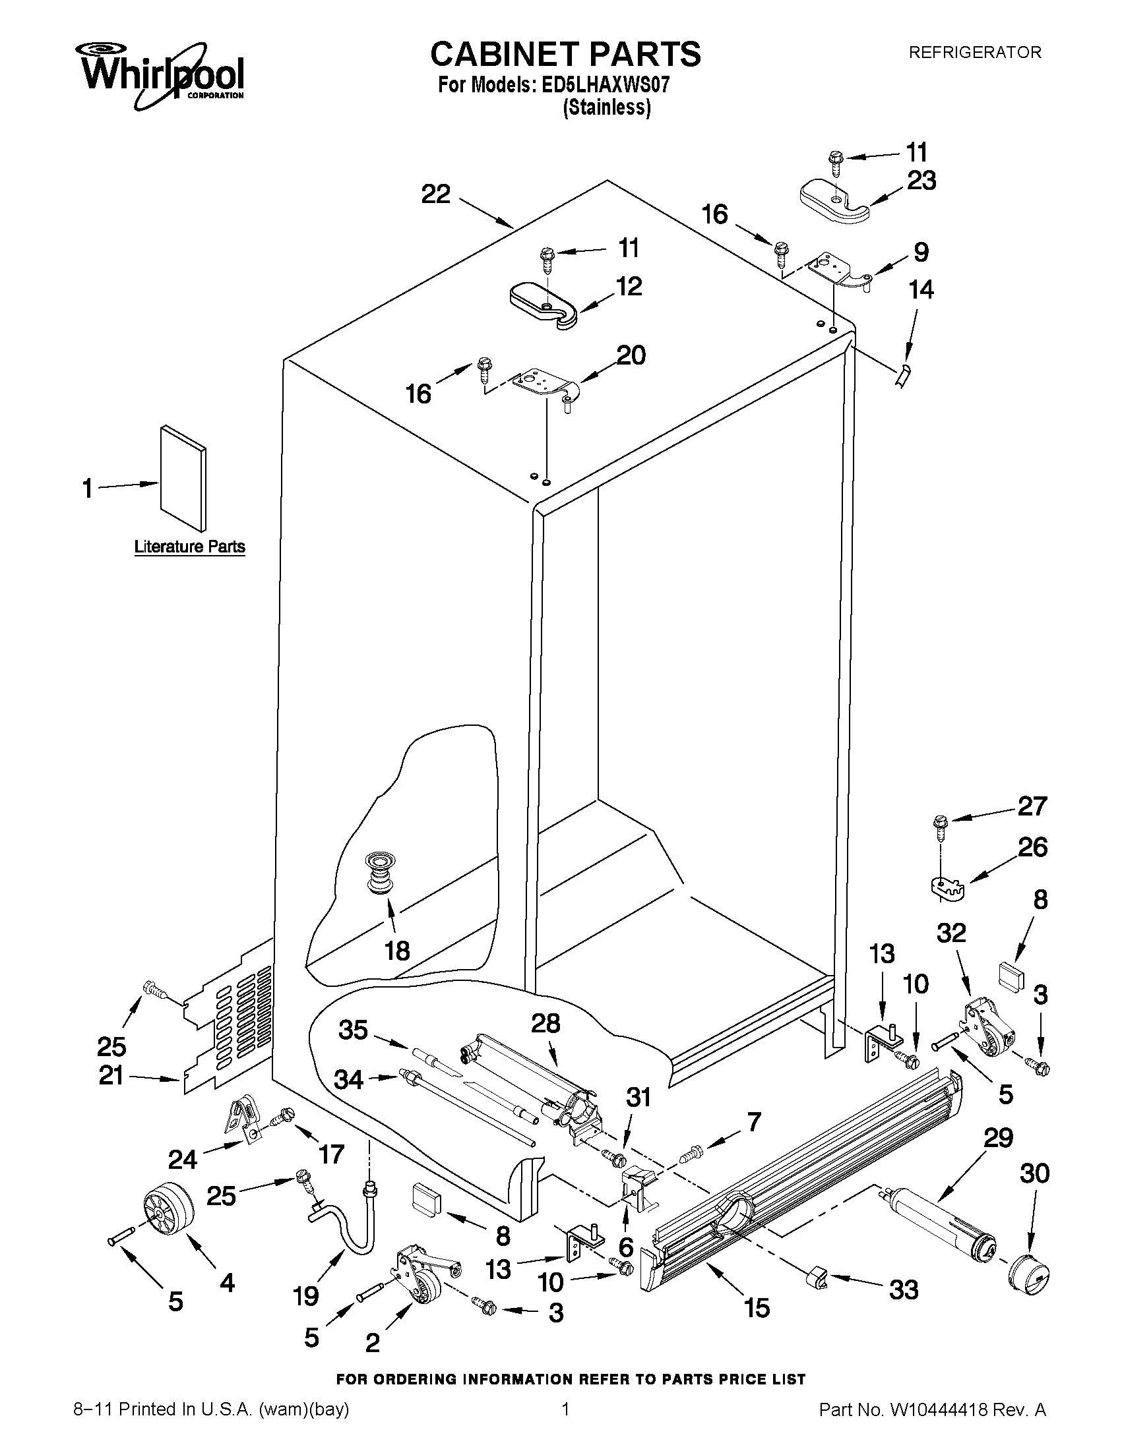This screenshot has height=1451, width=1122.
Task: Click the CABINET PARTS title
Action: coord(565,54)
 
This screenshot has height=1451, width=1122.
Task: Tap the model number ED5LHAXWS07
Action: coord(606,86)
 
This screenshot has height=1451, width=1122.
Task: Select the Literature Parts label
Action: coord(189,547)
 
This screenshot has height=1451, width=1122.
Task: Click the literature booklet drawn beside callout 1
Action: coord(182,479)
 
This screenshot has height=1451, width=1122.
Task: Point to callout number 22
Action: coord(436,194)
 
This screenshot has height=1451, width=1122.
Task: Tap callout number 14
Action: coord(921,289)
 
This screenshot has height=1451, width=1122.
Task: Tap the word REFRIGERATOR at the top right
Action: coord(975,52)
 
